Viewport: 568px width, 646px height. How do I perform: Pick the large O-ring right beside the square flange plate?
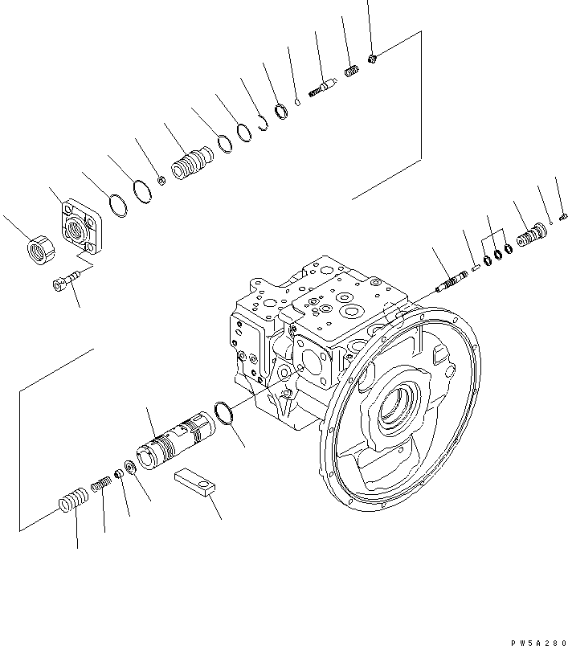pyautogui.click(x=116, y=204)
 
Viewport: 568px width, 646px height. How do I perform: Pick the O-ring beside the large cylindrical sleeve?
pyautogui.click(x=225, y=415)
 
